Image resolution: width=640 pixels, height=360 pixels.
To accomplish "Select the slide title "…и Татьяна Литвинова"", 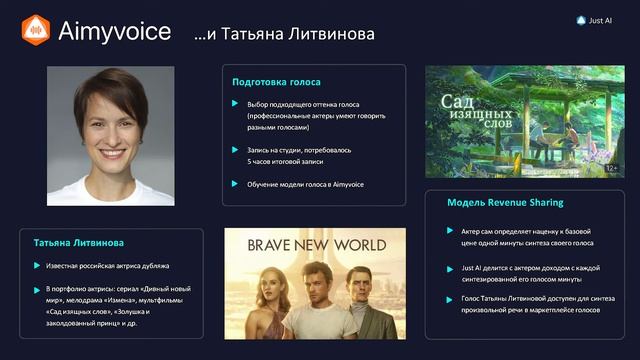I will click(x=284, y=34).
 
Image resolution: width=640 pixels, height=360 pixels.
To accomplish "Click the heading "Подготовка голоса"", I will click(x=276, y=82).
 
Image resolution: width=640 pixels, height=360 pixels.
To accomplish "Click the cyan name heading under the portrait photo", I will click(x=79, y=243).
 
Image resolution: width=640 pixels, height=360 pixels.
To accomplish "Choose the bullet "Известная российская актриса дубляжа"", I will click(x=107, y=266).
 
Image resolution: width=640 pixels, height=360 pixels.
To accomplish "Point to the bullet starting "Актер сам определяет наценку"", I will click(x=527, y=236).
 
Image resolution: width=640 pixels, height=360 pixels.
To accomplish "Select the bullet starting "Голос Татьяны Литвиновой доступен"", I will click(x=527, y=305).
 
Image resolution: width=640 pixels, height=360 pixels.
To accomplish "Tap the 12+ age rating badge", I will click(x=610, y=168).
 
